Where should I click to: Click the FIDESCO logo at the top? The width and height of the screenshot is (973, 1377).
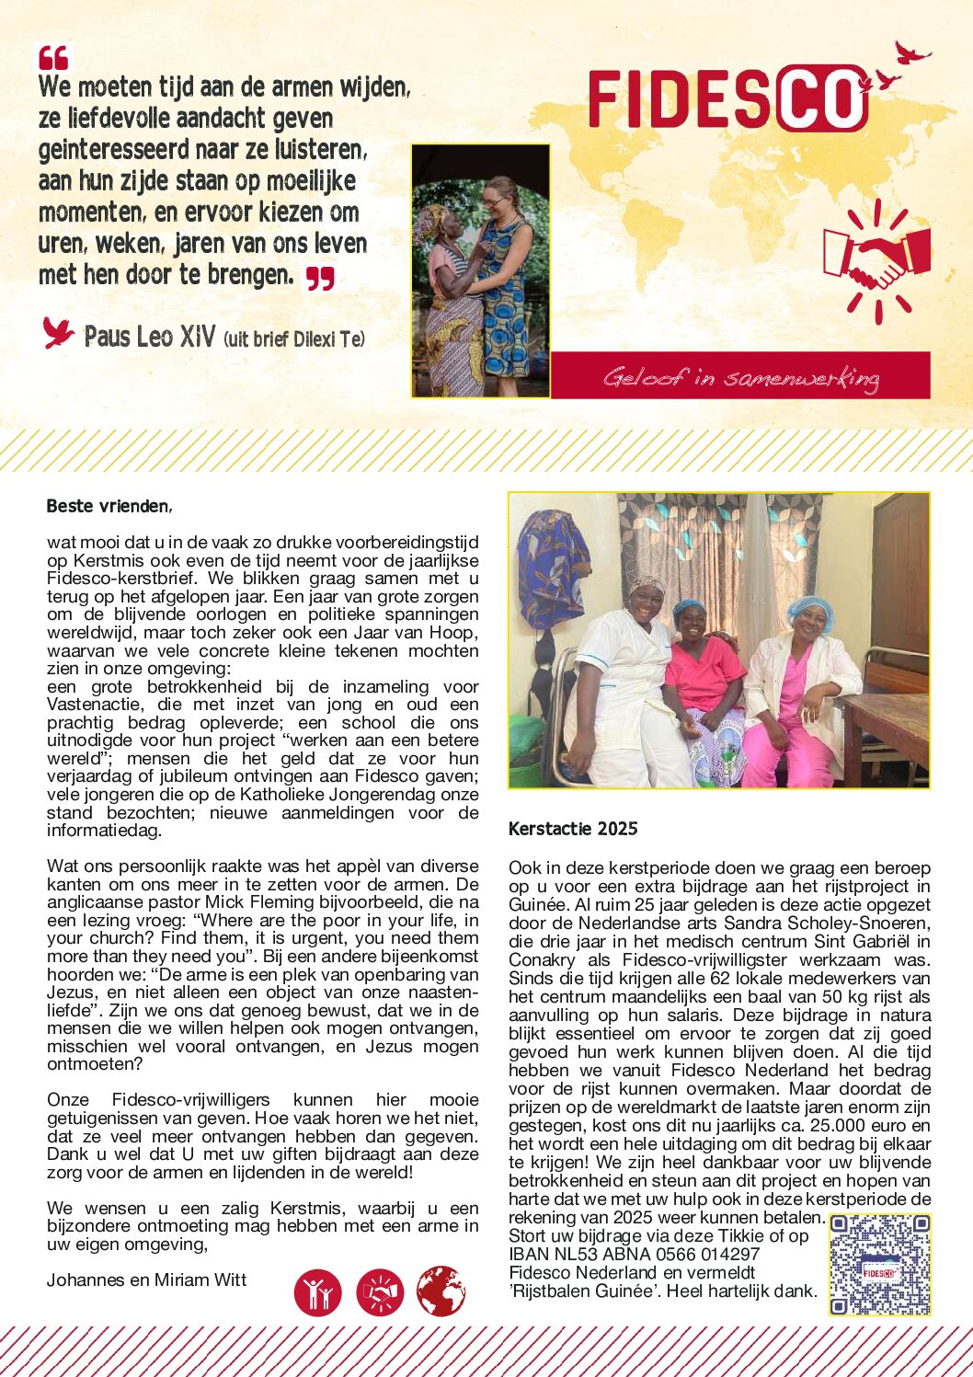(727, 98)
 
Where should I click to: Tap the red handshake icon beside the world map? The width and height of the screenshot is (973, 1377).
(876, 260)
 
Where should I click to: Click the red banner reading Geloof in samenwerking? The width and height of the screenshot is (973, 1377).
(740, 376)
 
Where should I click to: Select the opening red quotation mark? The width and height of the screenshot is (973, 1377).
(53, 58)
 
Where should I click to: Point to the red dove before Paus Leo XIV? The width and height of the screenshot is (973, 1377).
(58, 332)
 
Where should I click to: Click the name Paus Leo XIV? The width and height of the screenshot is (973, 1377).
(149, 337)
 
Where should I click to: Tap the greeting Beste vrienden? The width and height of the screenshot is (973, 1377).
(109, 506)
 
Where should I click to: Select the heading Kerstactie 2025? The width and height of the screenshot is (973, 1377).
(573, 829)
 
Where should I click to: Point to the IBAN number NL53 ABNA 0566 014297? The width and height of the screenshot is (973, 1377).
(635, 1254)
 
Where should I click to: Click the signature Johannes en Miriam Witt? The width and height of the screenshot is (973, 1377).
(146, 1279)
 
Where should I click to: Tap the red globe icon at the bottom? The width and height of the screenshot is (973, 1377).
(441, 1291)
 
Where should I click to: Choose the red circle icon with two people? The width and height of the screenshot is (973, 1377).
(318, 1292)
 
